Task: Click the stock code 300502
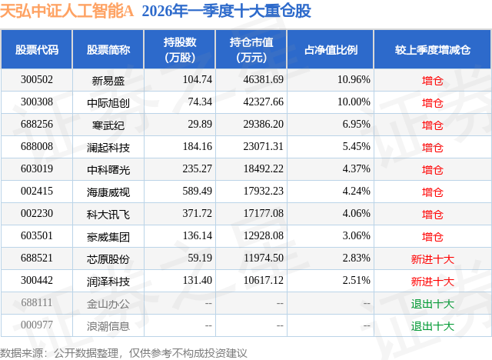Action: [37, 79]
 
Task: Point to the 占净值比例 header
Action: [336, 49]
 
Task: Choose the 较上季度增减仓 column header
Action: [432, 49]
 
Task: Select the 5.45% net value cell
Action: [354, 147]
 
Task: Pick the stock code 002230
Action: [37, 214]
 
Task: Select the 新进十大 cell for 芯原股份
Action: [432, 259]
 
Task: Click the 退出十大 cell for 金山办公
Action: [432, 304]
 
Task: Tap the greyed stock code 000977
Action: [37, 326]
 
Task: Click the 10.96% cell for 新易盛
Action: [354, 79]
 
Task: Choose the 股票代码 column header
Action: [37, 49]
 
